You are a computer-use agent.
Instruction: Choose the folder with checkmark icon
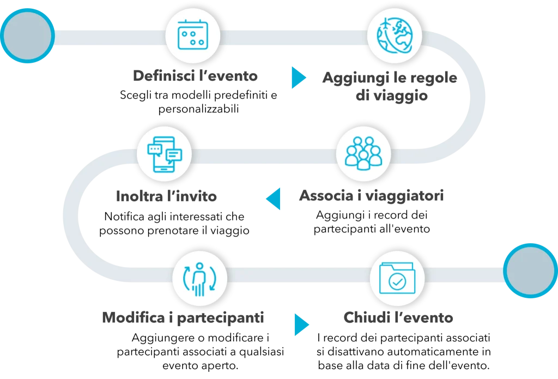coord(397,278)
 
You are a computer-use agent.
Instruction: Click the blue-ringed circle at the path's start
coord(28,35)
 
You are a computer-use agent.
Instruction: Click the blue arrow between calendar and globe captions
coord(298,78)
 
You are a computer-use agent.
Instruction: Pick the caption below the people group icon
coord(371,195)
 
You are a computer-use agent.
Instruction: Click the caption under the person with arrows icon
coord(183,316)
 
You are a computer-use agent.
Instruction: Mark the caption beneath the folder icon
coord(397,317)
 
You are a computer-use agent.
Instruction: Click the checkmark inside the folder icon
coord(397,282)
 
